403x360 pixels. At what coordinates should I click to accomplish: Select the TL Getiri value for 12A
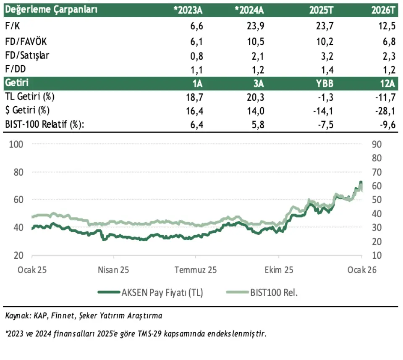coord(386,97)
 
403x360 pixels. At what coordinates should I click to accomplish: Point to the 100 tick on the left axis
coord(15,144)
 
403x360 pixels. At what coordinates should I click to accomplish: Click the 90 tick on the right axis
coord(377,144)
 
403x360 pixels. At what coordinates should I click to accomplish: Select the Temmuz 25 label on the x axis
coord(196,270)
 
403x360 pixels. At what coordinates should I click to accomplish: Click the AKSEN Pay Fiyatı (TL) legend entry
coord(162,293)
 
